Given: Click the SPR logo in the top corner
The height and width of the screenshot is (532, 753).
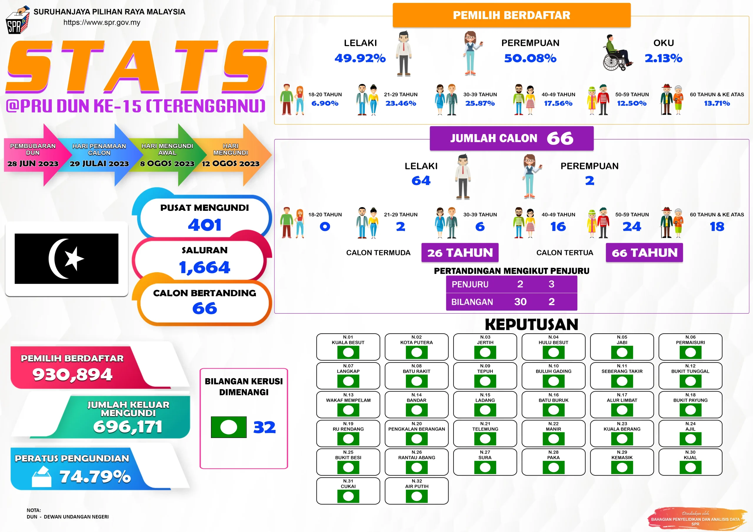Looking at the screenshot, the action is pyautogui.click(x=18, y=20).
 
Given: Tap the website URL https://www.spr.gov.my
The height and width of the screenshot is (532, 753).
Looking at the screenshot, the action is pyautogui.click(x=102, y=22).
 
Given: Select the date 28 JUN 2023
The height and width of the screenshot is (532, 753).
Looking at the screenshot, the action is pyautogui.click(x=33, y=163).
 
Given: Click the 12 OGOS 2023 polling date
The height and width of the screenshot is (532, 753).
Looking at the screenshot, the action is pyautogui.click(x=231, y=163).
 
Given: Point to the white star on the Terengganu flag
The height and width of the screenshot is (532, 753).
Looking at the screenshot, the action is pyautogui.click(x=74, y=258).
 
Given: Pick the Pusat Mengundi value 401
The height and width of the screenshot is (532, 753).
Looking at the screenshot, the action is pyautogui.click(x=205, y=225).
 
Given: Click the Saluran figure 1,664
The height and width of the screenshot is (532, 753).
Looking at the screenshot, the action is pyautogui.click(x=205, y=267).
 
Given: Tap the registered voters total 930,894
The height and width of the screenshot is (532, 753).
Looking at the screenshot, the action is pyautogui.click(x=72, y=374).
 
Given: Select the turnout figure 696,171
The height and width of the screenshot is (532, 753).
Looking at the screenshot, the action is pyautogui.click(x=128, y=426).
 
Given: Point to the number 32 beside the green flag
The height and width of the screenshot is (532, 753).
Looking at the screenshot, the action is pyautogui.click(x=264, y=427).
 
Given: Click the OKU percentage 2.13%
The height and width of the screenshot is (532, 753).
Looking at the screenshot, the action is pyautogui.click(x=664, y=58).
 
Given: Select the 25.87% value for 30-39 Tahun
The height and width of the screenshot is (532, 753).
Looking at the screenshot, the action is pyautogui.click(x=480, y=103).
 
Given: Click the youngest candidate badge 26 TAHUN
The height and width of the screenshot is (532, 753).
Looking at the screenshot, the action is pyautogui.click(x=460, y=252).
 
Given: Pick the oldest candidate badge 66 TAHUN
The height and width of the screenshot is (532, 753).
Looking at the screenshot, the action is pyautogui.click(x=644, y=252).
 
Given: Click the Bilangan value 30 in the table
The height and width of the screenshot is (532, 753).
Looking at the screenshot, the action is pyautogui.click(x=520, y=302).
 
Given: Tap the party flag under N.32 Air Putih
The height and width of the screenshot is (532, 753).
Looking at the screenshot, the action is pyautogui.click(x=417, y=496).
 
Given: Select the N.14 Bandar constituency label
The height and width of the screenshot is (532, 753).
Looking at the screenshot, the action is pyautogui.click(x=417, y=397).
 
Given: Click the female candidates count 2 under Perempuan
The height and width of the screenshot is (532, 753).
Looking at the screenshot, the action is pyautogui.click(x=590, y=180).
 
